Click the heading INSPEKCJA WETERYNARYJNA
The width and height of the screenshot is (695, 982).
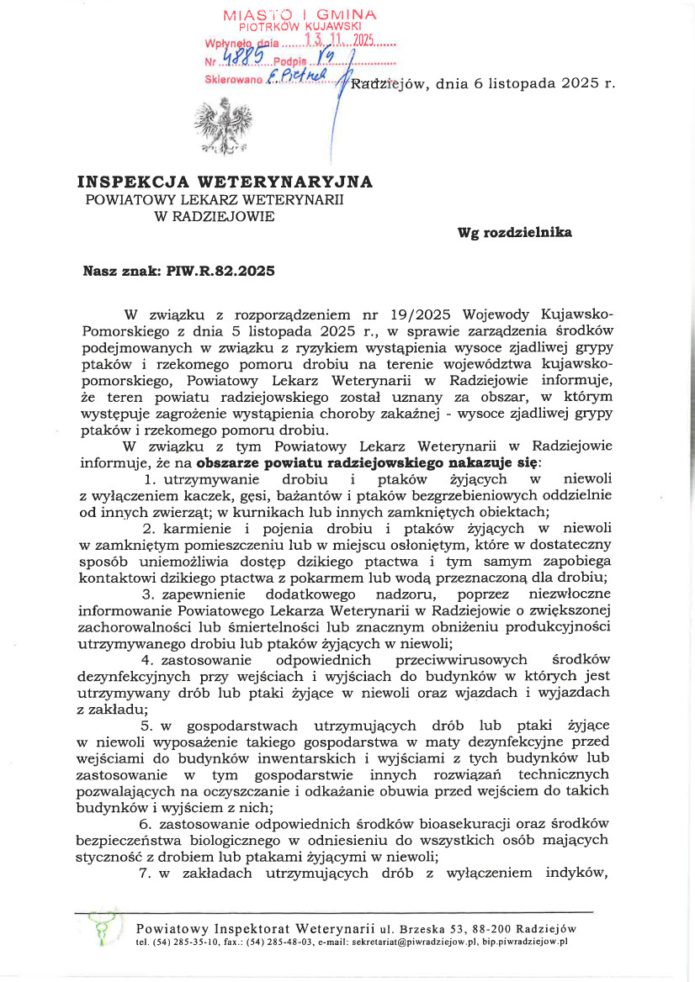tap(225, 182)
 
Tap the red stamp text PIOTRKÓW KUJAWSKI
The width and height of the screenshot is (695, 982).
tap(300, 27)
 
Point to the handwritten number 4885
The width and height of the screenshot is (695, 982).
tap(245, 57)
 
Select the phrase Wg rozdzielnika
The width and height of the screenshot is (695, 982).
tap(514, 232)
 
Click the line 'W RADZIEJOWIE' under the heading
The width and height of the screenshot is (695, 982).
tap(224, 216)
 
